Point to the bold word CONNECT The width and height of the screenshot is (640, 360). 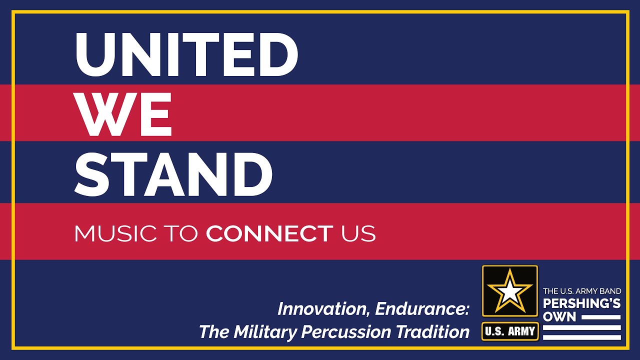tap(269, 233)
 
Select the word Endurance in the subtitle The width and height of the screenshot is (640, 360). tap(422, 309)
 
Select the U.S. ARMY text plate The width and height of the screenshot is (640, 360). tap(510, 331)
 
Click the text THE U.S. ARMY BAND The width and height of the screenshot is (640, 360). tap(582, 291)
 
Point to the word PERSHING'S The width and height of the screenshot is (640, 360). tap(582, 303)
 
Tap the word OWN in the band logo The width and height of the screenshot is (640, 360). tap(559, 317)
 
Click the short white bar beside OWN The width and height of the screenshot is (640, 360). tap(600, 317)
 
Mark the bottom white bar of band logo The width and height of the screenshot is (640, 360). tap(582, 337)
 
